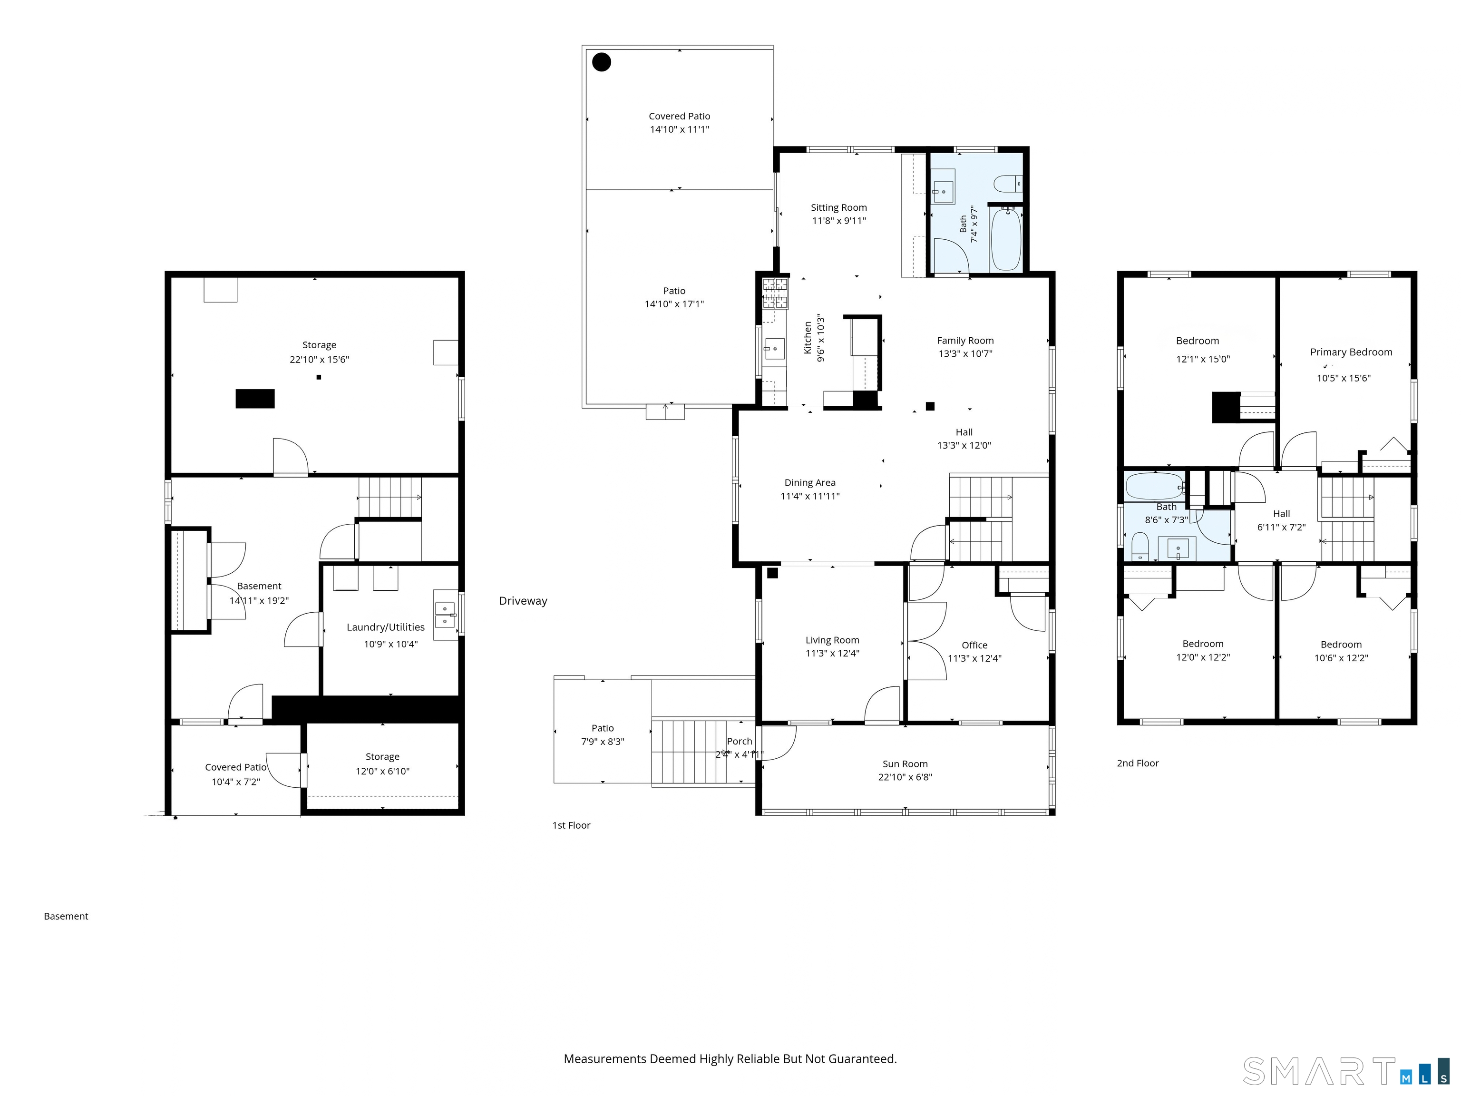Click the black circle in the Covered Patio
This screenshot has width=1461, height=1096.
[x=601, y=62]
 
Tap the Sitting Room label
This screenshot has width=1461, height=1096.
[x=839, y=207]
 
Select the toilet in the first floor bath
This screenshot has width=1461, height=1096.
[x=1009, y=183]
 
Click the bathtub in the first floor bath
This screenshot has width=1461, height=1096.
[x=1006, y=238]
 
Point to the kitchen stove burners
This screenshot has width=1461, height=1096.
[x=775, y=294]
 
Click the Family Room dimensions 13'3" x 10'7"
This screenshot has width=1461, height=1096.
[x=965, y=353]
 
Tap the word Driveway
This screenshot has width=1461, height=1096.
[x=523, y=600]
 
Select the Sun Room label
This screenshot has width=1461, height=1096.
[x=905, y=763]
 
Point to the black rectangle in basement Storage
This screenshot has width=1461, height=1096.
[x=255, y=398]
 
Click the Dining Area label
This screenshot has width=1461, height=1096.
[x=810, y=483]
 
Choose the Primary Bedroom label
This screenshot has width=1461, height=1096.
[x=1351, y=352]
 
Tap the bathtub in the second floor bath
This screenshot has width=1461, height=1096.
[x=1155, y=486]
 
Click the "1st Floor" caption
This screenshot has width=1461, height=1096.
[x=571, y=825]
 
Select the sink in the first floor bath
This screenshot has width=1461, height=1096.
[x=943, y=186]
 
